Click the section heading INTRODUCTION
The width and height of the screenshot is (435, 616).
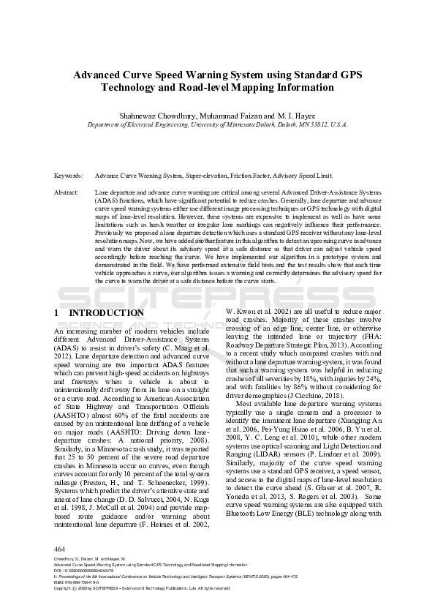coord(106,313)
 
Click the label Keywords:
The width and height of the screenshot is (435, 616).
coord(68,176)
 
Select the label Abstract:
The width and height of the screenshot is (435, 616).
coord(67,191)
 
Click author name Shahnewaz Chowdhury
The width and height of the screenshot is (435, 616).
coord(151,116)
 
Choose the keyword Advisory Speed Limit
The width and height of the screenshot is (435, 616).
coord(307,176)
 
